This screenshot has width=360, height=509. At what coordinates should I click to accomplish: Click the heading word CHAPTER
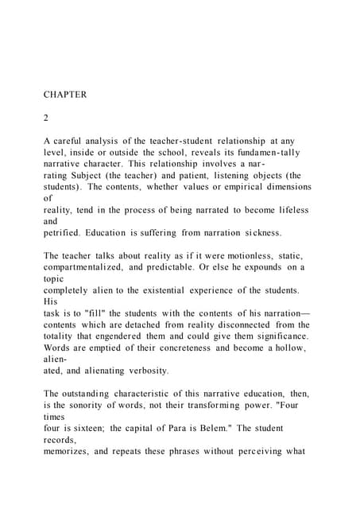[x=65, y=95]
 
